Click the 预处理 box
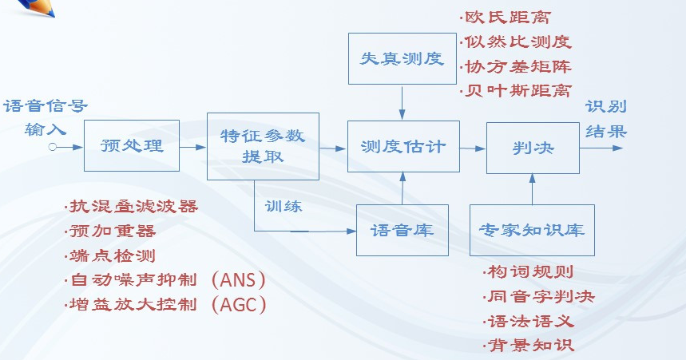[x=132, y=147]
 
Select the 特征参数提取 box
[x=263, y=146]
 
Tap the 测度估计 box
[x=402, y=147]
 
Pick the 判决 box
[x=533, y=147]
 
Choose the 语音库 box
[x=402, y=230]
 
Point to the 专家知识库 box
[x=532, y=230]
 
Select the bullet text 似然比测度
[x=517, y=42]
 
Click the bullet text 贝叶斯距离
[x=517, y=89]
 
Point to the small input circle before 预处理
[x=52, y=147]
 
